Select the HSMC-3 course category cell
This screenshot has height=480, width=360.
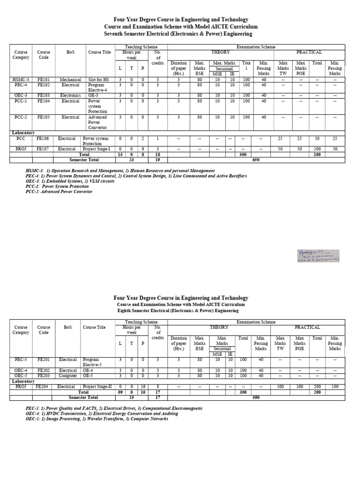tap(21, 80)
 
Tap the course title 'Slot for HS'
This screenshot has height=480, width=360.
tap(98, 80)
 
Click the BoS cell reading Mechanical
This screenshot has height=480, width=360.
tap(70, 80)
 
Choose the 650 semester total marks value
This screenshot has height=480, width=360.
tap(255, 159)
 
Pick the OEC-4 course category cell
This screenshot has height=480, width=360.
tap(21, 370)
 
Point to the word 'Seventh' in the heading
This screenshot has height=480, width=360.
tap(116, 34)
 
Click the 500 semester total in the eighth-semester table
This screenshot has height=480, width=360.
tap(255, 397)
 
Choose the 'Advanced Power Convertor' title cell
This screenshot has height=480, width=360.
tap(98, 122)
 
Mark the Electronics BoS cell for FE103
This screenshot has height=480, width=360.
tap(70, 95)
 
